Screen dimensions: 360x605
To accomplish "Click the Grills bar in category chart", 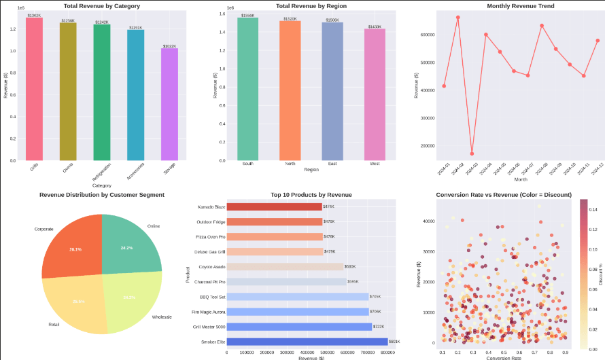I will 34,88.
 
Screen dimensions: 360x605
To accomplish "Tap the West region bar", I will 375,94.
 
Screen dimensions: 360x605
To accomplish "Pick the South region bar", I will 247,89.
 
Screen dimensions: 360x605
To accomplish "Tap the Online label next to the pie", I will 153,226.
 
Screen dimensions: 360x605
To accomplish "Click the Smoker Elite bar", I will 307,342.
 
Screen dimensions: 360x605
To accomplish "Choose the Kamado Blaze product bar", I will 274,206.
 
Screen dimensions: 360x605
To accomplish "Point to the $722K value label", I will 379,327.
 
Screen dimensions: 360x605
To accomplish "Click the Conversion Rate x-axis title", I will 504,357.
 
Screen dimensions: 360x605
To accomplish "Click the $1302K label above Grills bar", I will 34,15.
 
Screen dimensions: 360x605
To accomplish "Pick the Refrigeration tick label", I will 101,171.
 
